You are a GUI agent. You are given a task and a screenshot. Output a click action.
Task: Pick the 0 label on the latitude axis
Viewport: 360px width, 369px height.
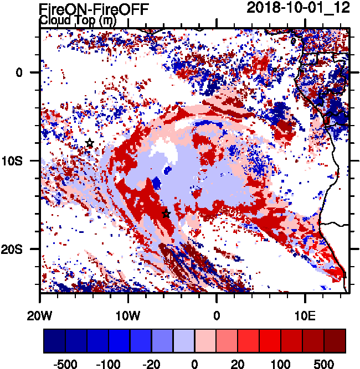18,72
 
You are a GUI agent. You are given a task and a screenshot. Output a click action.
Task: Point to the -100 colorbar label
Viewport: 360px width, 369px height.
109,364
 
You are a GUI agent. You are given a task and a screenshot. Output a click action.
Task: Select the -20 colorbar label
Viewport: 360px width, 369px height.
152,364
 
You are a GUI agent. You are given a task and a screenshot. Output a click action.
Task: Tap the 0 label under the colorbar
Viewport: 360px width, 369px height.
194,364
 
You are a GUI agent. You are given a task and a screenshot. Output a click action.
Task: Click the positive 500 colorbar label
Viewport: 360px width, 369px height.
324,364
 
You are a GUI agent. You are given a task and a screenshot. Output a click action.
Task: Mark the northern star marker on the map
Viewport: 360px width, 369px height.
90,143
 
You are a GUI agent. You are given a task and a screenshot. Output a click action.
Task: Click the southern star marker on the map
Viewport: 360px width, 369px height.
166,214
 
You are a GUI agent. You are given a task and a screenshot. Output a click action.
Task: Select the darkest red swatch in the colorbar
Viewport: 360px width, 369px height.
335,341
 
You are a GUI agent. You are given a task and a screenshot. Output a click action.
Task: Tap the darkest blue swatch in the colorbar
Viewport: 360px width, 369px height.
54,341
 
